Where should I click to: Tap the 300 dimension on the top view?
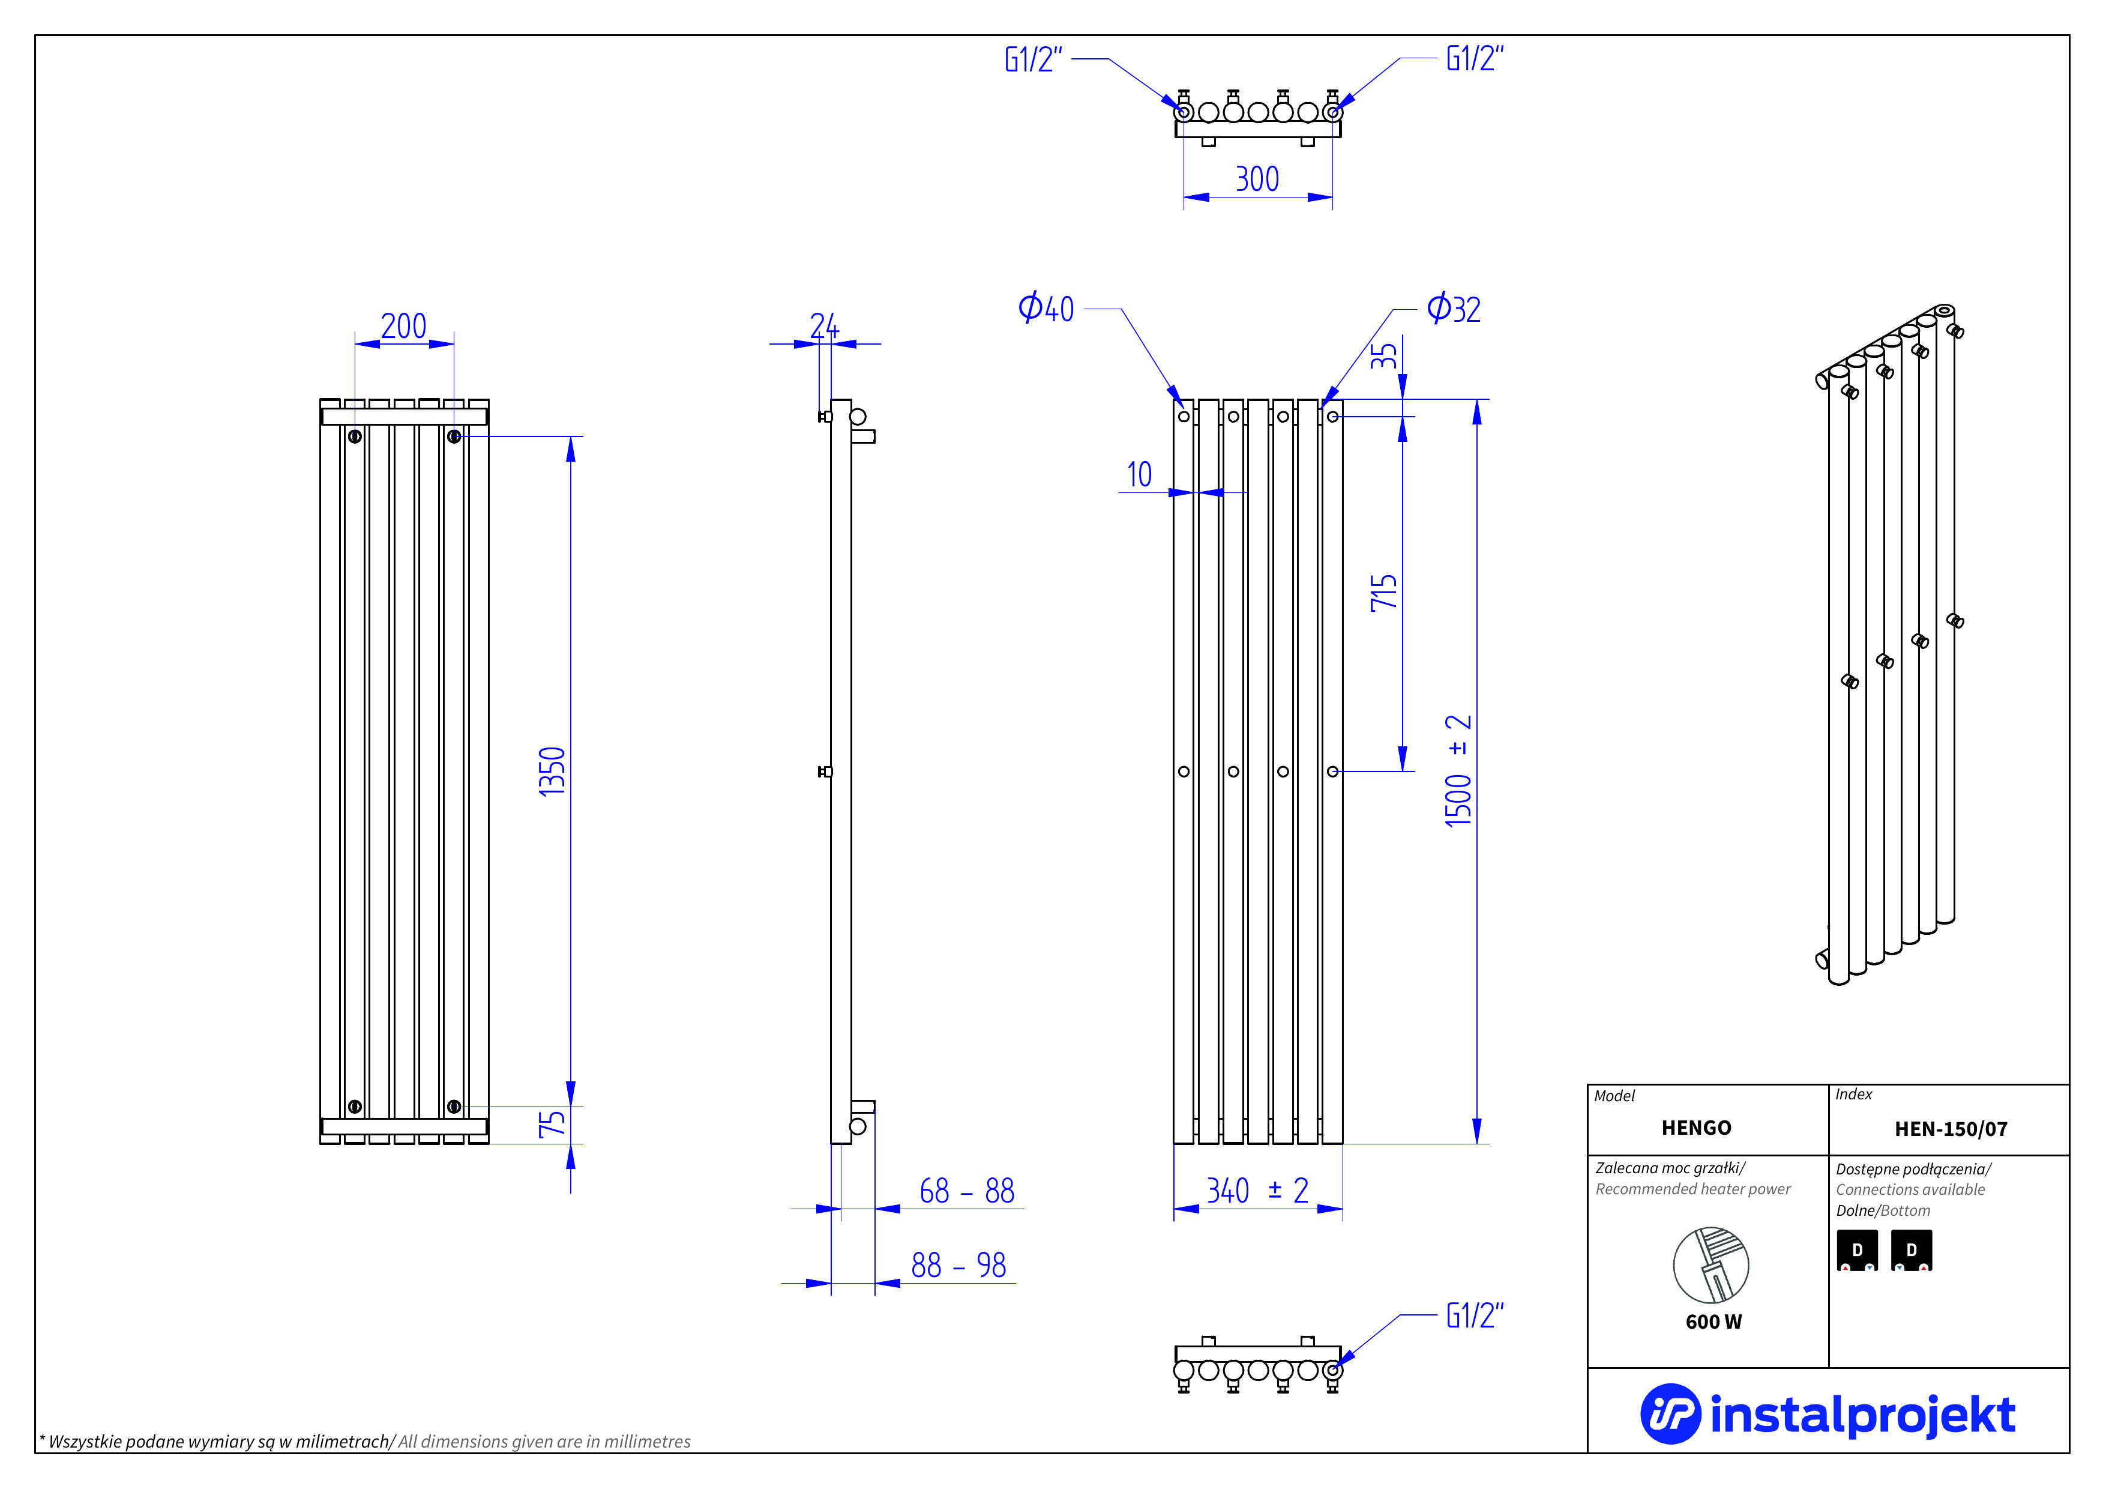[x=1257, y=179]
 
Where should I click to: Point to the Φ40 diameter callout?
[x=1045, y=308]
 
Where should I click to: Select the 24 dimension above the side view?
[x=823, y=325]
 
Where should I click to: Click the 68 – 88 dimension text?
[x=967, y=1191]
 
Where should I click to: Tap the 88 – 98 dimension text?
[x=958, y=1265]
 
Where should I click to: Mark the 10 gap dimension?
[x=1139, y=474]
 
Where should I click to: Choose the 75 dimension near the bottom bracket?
[x=552, y=1124]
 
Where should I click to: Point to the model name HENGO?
[x=1696, y=1128]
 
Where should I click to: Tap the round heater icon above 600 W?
[x=1710, y=1265]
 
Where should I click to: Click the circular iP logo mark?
[x=1670, y=1414]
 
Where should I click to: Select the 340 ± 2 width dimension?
[x=1257, y=1191]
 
